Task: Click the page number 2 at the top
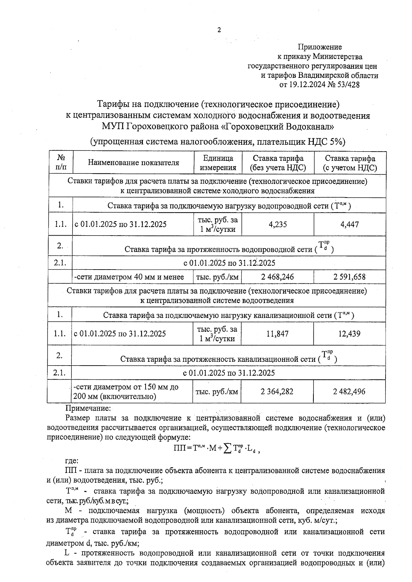(219, 30)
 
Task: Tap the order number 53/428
(347, 85)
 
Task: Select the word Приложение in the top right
(320, 47)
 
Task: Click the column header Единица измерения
(218, 163)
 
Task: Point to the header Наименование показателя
(134, 163)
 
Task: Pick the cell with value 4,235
(278, 225)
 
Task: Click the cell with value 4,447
(350, 225)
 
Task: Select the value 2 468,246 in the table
(277, 277)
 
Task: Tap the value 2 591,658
(349, 277)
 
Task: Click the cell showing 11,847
(277, 334)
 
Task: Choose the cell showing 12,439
(349, 334)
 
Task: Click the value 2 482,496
(349, 392)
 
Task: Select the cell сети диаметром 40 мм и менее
(129, 277)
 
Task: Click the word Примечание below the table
(88, 408)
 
